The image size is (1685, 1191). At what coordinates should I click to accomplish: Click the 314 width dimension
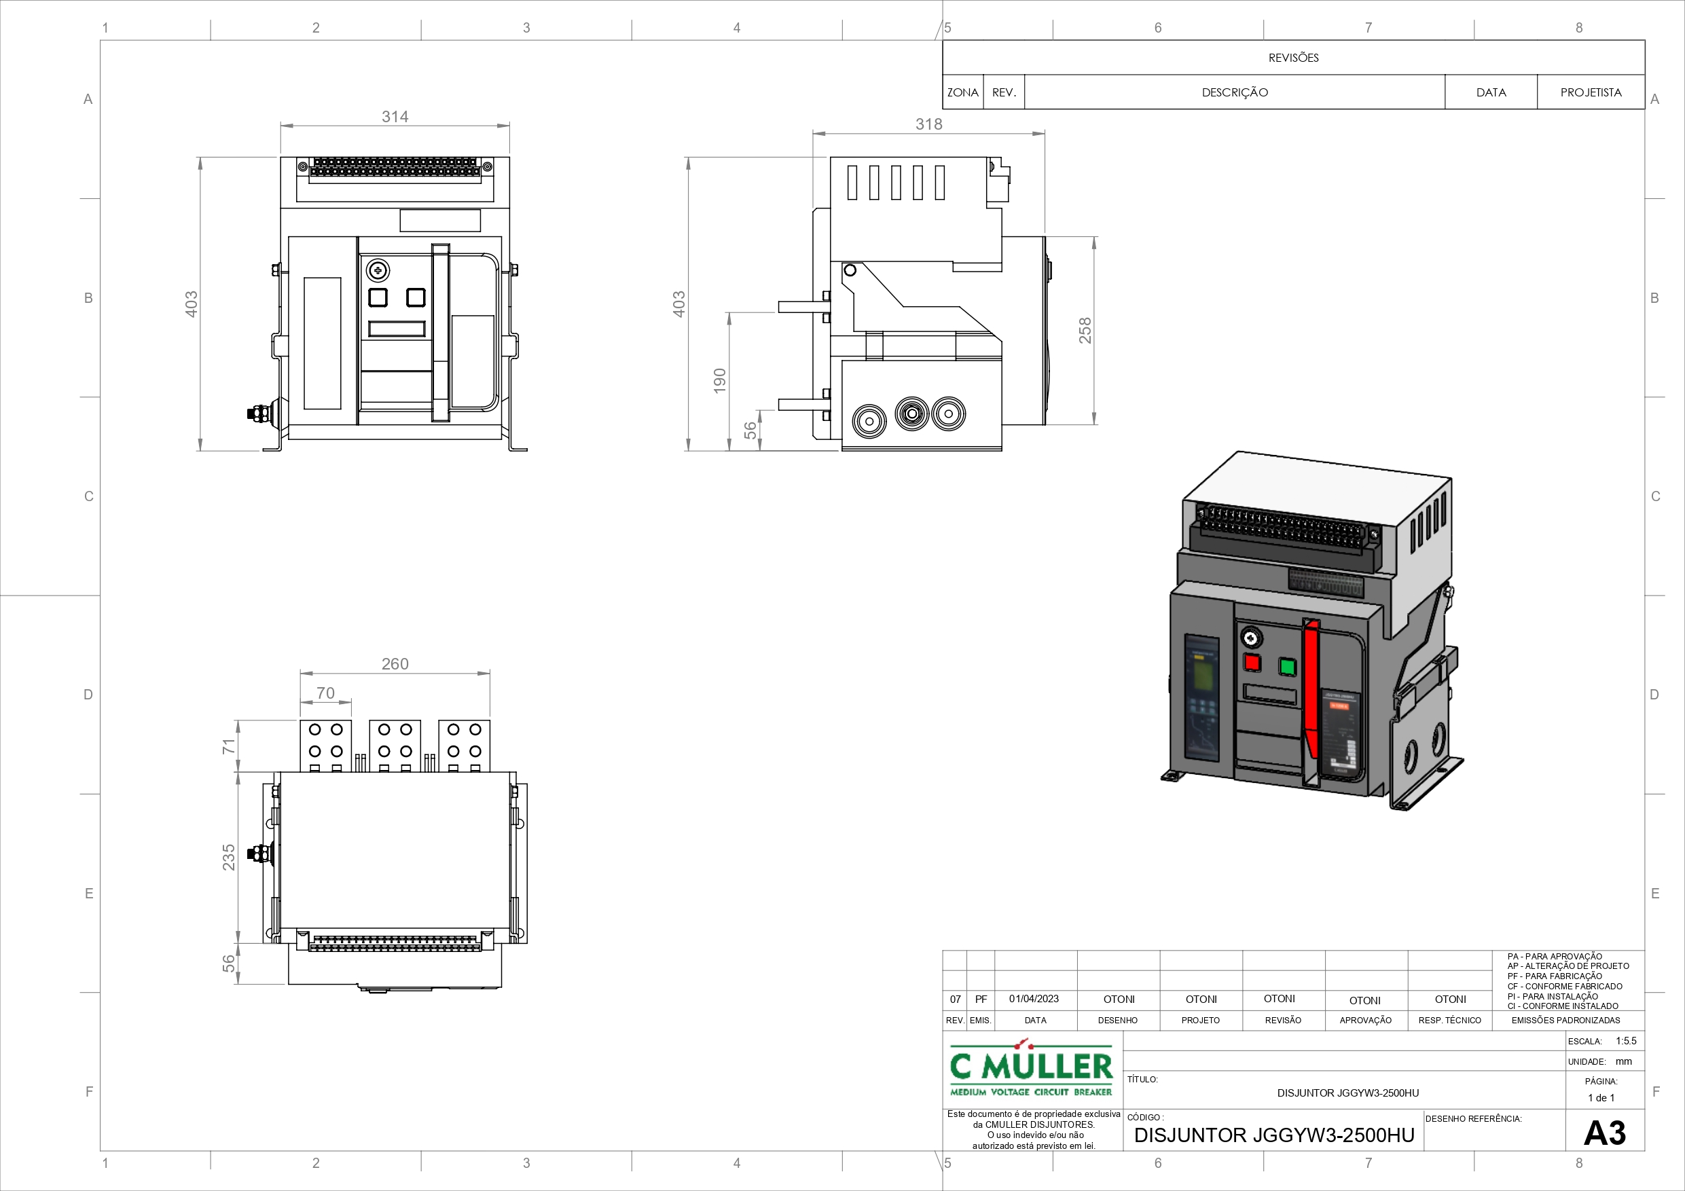pyautogui.click(x=395, y=117)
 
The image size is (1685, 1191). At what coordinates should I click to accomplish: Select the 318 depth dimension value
pyautogui.click(x=928, y=124)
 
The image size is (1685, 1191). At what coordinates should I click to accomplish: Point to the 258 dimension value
pyautogui.click(x=1085, y=330)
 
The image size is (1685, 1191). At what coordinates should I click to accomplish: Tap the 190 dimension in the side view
pyautogui.click(x=719, y=381)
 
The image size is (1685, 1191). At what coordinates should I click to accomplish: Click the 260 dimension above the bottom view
pyautogui.click(x=395, y=664)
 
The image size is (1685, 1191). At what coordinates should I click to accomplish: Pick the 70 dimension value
pyautogui.click(x=325, y=693)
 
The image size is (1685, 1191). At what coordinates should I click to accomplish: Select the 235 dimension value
pyautogui.click(x=228, y=857)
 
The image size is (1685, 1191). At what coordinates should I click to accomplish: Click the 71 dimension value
pyautogui.click(x=228, y=746)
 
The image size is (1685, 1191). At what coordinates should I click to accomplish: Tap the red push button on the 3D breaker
pyautogui.click(x=1251, y=662)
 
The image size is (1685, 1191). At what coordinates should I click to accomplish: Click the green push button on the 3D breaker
pyautogui.click(x=1287, y=666)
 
